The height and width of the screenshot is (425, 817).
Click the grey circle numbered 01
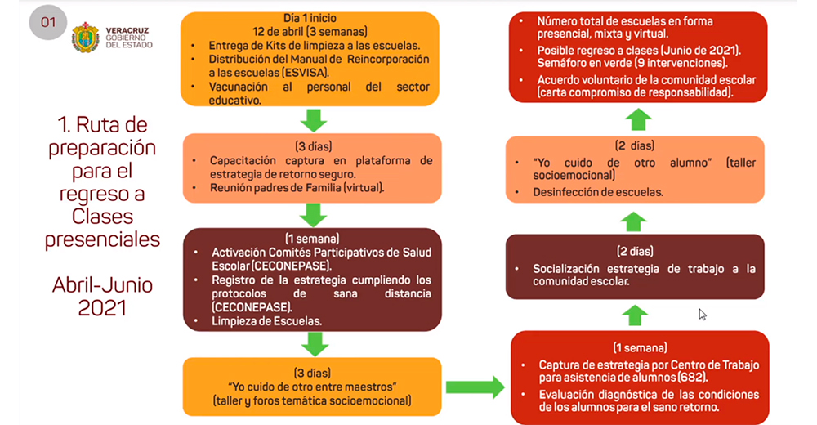(48, 22)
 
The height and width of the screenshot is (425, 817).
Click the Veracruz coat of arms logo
(86, 38)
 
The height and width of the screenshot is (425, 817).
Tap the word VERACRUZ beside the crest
(127, 31)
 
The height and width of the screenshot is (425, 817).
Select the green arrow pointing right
(475, 387)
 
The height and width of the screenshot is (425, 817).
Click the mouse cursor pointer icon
(703, 315)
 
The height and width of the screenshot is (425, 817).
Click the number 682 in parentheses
(692, 378)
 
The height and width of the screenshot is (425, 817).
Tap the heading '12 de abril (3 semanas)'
(310, 31)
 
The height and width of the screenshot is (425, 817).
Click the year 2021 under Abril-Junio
(102, 307)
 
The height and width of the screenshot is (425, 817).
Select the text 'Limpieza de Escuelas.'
(267, 321)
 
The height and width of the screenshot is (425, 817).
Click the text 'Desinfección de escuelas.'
(598, 192)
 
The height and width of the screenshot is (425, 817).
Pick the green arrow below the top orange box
(314, 120)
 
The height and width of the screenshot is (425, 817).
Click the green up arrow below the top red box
(638, 119)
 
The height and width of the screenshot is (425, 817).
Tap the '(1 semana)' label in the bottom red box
(640, 348)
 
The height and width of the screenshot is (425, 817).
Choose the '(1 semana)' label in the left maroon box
(312, 239)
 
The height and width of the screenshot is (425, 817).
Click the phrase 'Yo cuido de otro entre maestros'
(312, 387)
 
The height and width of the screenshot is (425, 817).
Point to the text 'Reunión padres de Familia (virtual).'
(297, 188)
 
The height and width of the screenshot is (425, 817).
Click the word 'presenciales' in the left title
(102, 239)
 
